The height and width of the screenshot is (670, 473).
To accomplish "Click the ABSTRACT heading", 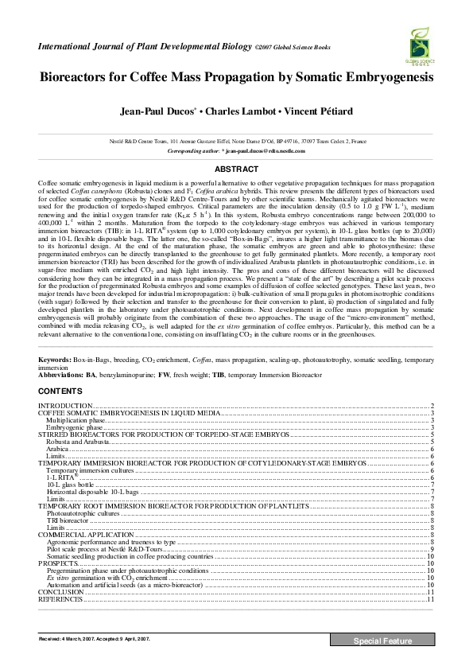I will (236, 169).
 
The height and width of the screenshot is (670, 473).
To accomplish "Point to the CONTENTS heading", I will (60, 392).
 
